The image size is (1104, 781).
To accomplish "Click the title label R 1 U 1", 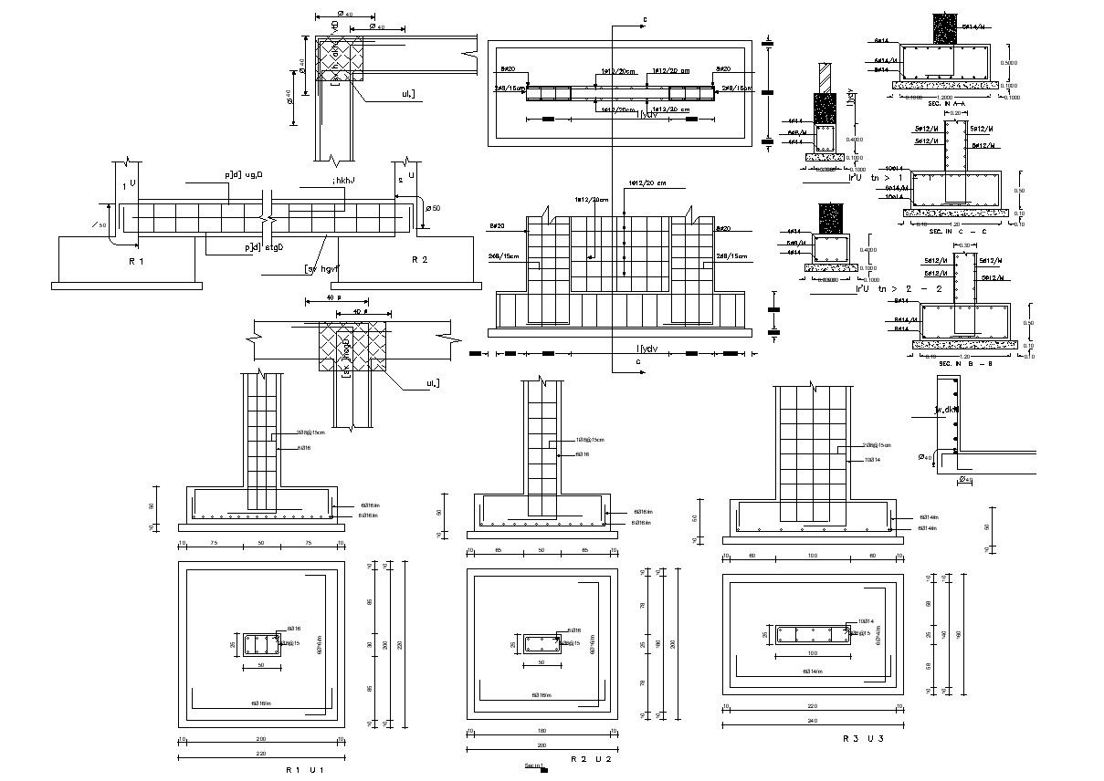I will coord(305,769).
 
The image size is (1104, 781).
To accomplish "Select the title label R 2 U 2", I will coord(590,758).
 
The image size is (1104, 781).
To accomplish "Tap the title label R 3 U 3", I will coord(862,738).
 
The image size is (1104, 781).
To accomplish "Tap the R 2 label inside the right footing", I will coord(419,260).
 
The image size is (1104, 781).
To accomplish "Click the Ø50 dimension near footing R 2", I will coord(434,209).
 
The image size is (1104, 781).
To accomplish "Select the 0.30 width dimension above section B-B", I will coord(965,246).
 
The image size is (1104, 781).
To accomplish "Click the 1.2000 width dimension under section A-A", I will coord(945,97).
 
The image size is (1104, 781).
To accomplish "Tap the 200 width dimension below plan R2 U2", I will coord(541,745).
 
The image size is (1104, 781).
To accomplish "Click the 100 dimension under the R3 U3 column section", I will coord(811,654).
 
